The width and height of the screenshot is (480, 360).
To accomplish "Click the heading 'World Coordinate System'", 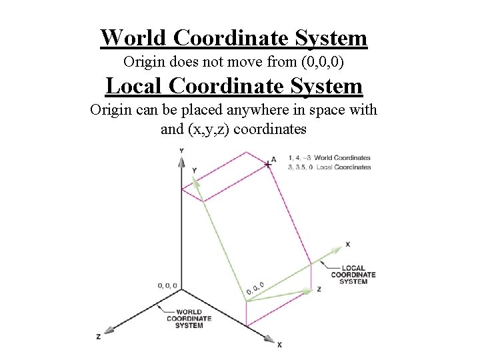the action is click(233, 37).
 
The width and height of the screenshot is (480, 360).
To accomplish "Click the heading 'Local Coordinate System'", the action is click(234, 86).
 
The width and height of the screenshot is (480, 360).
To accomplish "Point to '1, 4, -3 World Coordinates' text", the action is click(329, 158).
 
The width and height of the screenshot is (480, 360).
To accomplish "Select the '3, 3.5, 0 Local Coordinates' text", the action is click(329, 167).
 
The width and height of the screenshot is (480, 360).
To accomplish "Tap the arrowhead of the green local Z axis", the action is click(306, 291).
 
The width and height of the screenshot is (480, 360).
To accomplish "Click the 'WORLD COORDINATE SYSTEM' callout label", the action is click(189, 319).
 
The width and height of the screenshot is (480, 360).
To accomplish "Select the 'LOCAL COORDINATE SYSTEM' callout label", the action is click(353, 275).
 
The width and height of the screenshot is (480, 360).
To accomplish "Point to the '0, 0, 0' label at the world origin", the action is click(167, 285).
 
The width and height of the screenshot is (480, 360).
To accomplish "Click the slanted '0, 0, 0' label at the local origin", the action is click(255, 288).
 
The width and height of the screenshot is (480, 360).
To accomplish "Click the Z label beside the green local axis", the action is click(319, 289).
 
